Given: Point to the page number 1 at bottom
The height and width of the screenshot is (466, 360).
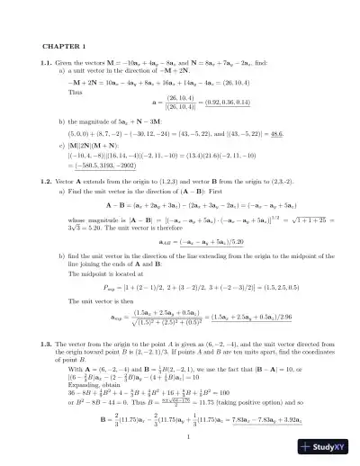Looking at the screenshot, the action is [180, 437].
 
